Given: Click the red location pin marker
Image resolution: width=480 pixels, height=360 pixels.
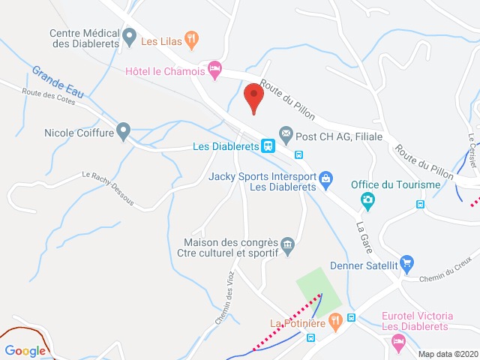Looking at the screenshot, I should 253,97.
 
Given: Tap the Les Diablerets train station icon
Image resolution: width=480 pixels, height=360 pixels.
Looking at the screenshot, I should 267,145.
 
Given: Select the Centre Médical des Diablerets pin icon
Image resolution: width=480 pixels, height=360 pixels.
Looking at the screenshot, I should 130,35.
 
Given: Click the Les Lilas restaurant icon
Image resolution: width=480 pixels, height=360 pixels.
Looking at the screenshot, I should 192,39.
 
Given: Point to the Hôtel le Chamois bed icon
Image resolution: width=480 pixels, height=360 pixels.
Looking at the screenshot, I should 215,69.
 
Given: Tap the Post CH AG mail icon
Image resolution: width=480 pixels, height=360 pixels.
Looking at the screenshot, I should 286,132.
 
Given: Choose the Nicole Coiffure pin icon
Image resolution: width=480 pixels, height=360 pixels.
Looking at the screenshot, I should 124,130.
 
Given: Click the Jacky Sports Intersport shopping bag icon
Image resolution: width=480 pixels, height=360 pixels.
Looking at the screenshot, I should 325,178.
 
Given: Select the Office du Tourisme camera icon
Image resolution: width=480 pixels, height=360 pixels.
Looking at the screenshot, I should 367,199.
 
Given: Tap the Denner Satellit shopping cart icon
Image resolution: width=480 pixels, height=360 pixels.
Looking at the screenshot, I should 407,262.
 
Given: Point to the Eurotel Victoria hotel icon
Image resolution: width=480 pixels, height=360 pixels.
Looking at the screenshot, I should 399,341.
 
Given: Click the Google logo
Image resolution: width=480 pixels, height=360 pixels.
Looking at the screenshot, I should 25,350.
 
